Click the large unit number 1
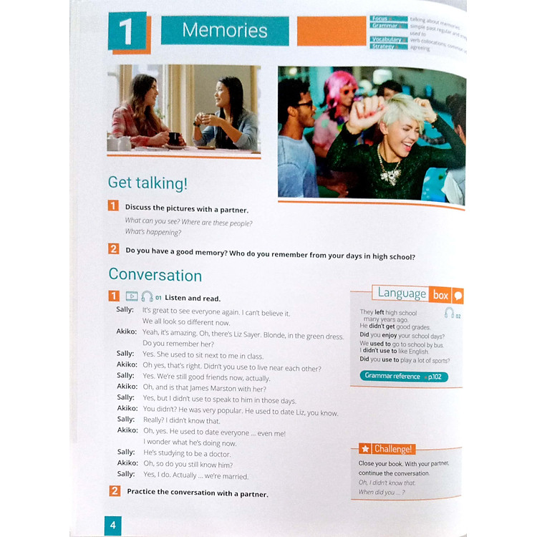[127, 32]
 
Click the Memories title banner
[224, 31]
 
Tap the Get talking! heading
[147, 183]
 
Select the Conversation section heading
[155, 276]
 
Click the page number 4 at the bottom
[112, 525]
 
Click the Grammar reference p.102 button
[403, 376]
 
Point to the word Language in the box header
[402, 293]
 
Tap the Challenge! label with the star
[387, 449]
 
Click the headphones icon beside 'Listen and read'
[147, 296]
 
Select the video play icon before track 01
[132, 296]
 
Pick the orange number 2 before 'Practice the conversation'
[115, 491]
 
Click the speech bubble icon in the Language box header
[458, 294]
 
